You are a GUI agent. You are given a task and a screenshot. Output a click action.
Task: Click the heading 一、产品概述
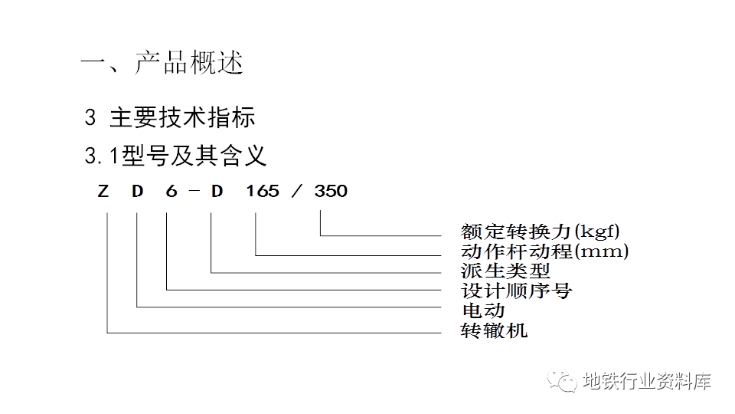click(x=162, y=64)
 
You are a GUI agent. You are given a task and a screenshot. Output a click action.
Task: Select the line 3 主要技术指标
click(x=170, y=117)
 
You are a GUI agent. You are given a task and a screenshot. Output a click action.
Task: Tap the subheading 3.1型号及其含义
click(x=176, y=156)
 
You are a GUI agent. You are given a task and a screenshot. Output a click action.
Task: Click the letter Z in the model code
click(x=103, y=191)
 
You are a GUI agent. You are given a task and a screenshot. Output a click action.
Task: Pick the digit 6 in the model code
click(x=171, y=191)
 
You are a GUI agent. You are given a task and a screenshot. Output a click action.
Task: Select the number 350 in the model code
click(x=331, y=191)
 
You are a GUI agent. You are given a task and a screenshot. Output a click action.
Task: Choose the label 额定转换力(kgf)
click(x=541, y=231)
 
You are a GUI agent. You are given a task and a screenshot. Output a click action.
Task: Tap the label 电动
click(x=484, y=310)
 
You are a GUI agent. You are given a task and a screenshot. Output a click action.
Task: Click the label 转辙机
click(x=495, y=330)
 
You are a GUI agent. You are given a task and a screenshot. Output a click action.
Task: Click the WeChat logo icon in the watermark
click(x=567, y=381)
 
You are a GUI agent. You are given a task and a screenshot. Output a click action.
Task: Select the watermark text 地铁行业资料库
click(x=647, y=380)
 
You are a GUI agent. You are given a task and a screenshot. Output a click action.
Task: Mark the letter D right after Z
click(x=137, y=191)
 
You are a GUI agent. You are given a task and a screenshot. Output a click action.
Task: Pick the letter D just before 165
click(x=217, y=191)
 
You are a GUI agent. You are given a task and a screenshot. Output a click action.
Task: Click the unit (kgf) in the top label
click(x=598, y=231)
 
